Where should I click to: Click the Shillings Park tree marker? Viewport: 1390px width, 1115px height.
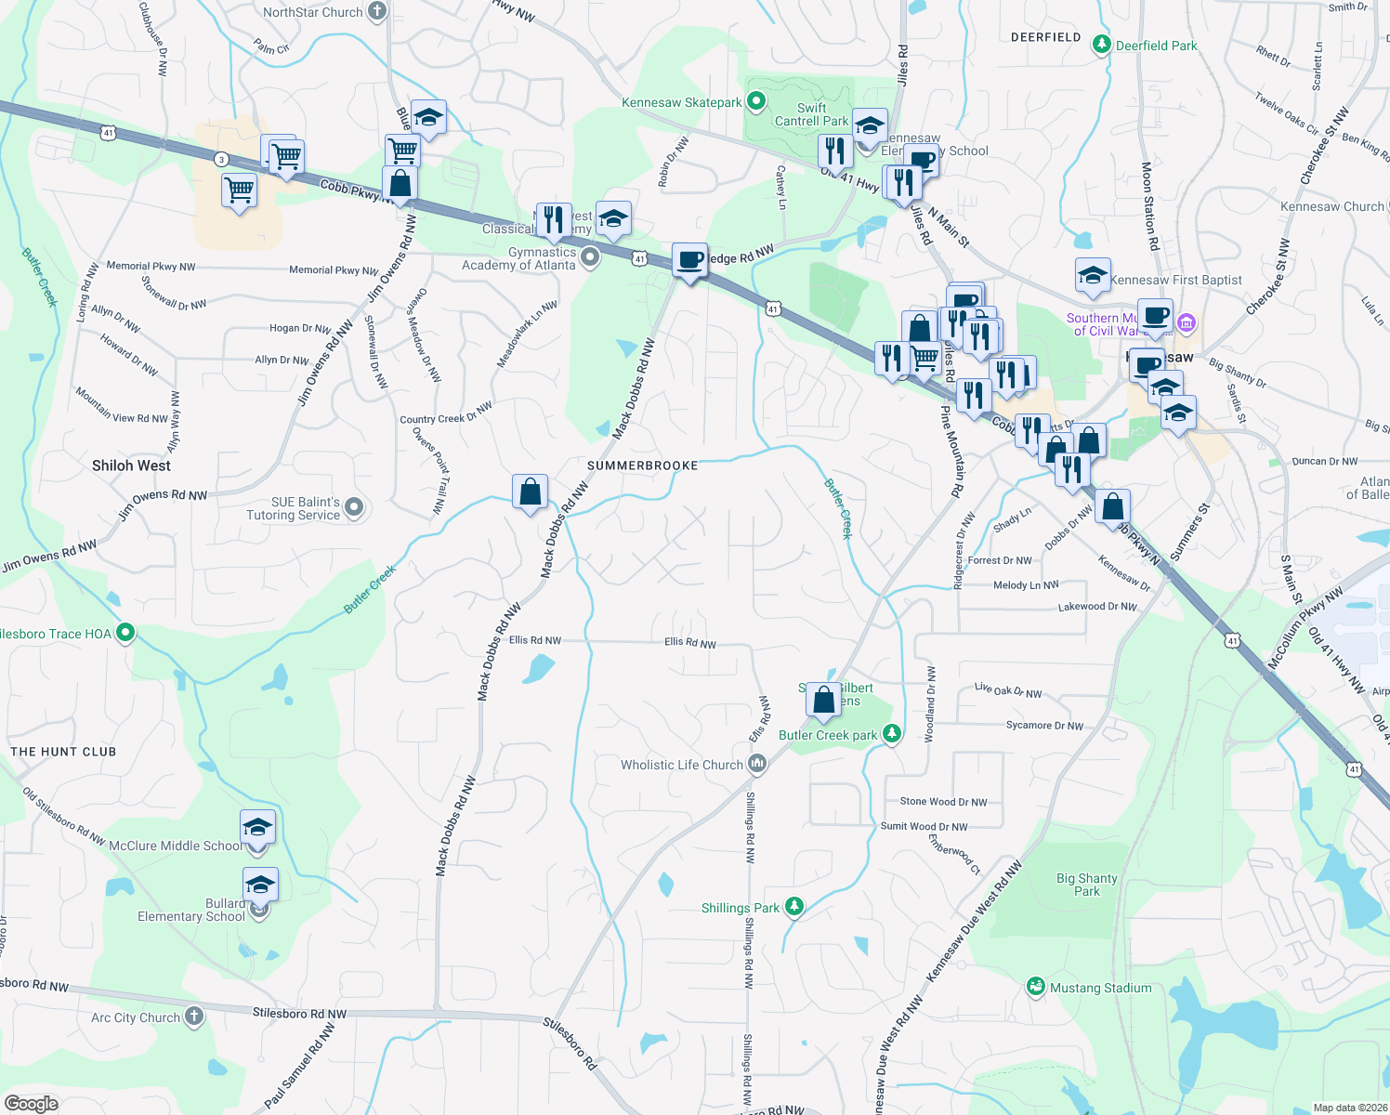tap(793, 907)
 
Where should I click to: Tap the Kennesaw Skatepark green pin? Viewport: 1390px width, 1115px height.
tap(756, 101)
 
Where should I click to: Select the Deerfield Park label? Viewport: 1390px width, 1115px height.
tap(1156, 46)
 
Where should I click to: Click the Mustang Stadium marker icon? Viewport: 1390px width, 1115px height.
tap(1036, 987)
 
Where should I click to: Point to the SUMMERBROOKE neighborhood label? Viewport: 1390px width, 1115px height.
tap(643, 466)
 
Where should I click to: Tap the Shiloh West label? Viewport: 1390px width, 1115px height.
tap(131, 466)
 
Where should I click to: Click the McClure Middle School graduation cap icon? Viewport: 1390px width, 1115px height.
tap(257, 827)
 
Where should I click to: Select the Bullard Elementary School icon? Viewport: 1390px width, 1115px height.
tap(260, 885)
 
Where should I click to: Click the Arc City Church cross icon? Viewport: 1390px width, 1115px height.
tap(193, 1017)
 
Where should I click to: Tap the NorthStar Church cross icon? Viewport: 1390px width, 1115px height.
tap(376, 12)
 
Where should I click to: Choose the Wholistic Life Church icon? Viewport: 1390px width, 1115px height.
tap(757, 764)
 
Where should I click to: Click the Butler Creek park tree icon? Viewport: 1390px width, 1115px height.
tap(892, 734)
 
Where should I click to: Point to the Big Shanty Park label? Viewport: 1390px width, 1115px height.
tap(1086, 885)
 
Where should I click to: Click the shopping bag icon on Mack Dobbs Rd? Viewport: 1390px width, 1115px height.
tap(530, 492)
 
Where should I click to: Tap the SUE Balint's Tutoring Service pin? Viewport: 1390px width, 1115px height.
tap(354, 507)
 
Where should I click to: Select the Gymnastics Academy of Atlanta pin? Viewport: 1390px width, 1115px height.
tap(590, 256)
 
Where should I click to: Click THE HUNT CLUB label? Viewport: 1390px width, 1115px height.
tap(63, 752)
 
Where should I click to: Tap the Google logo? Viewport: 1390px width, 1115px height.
tap(31, 1103)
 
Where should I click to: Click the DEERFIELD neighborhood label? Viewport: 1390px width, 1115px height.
tap(1045, 37)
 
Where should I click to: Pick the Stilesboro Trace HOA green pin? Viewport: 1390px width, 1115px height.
tap(125, 633)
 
